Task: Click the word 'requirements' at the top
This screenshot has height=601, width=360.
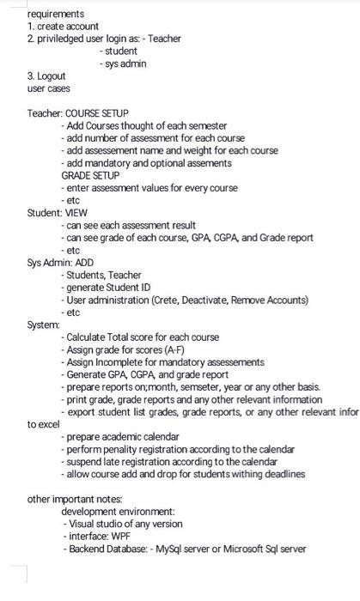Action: coord(56,14)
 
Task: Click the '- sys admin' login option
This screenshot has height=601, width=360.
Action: coord(123,64)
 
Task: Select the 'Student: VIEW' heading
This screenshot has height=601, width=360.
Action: coord(58,212)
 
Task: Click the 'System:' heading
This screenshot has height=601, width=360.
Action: coord(43,325)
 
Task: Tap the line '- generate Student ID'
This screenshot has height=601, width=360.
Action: coord(113,288)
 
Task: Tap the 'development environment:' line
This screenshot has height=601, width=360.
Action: coord(118,512)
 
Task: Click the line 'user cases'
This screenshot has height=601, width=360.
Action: coord(49,88)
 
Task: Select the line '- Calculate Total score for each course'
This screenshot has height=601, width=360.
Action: coord(140,337)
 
